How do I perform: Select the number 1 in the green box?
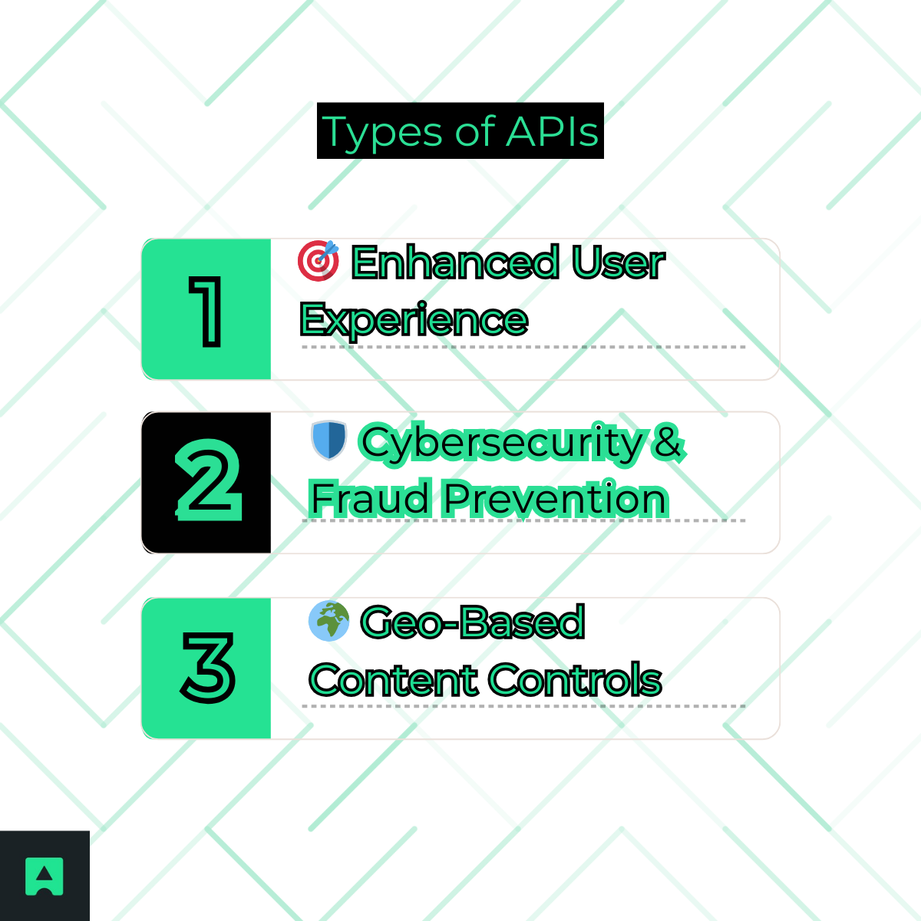[206, 310]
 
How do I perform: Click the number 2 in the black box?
[208, 481]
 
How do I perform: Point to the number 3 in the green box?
[208, 667]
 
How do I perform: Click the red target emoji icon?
[318, 260]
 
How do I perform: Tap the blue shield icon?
[329, 440]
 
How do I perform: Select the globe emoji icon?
[328, 621]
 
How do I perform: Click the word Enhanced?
[454, 262]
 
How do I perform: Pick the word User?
[618, 262]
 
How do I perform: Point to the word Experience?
[414, 319]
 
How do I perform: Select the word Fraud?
[370, 499]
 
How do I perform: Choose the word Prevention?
[556, 499]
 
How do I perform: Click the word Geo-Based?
[473, 622]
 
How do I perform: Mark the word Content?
[392, 680]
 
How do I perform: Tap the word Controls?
[574, 680]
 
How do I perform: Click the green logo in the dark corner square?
[45, 876]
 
